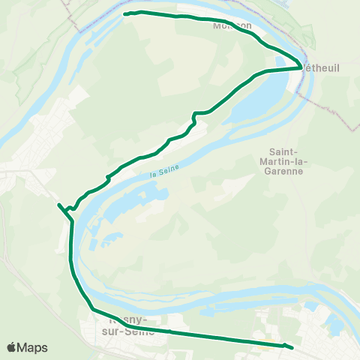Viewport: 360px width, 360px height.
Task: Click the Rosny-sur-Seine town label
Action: (127, 323)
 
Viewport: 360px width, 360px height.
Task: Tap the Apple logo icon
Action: (12, 347)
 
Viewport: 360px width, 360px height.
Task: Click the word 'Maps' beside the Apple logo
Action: (33, 347)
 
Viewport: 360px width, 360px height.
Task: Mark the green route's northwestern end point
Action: (124, 13)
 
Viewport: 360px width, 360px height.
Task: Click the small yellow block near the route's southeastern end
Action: (265, 347)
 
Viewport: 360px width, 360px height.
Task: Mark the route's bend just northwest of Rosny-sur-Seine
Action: (91, 308)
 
